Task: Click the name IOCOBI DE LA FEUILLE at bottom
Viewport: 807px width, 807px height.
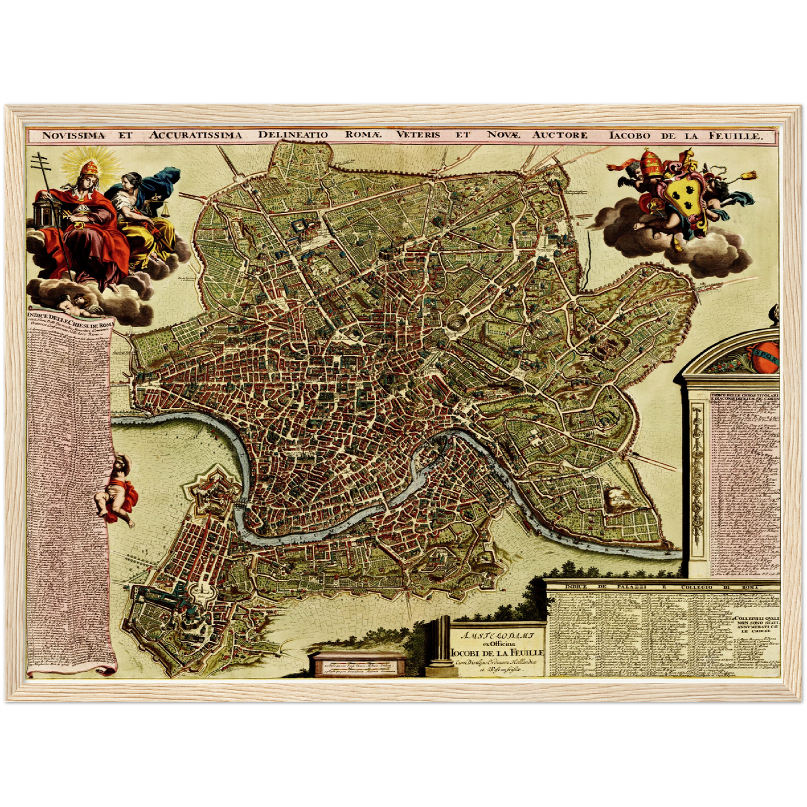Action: (x=498, y=653)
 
